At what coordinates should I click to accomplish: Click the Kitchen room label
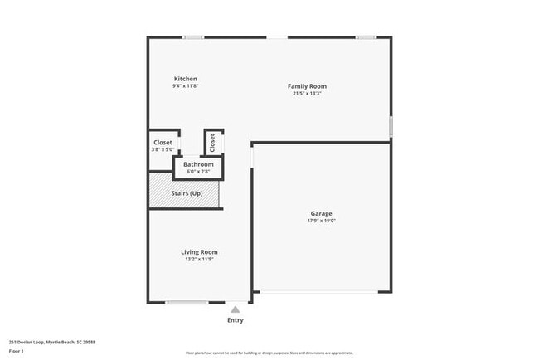[185, 79]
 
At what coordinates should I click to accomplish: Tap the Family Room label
[307, 86]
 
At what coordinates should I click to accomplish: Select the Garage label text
[321, 214]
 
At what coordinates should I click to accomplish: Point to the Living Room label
[199, 252]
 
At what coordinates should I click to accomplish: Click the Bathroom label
[198, 164]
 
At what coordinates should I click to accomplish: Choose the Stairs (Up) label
[187, 193]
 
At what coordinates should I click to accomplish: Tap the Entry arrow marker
[236, 309]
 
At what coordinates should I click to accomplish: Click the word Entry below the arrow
[236, 320]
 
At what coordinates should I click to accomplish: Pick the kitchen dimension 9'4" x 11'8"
[185, 86]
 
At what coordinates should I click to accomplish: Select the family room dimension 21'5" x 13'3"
[307, 94]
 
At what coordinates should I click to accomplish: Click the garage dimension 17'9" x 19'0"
[321, 221]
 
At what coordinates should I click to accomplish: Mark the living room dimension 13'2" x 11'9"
[199, 260]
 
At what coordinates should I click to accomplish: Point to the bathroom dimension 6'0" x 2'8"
[198, 172]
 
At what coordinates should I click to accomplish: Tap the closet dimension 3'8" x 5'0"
[163, 150]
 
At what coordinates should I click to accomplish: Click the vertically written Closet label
[212, 142]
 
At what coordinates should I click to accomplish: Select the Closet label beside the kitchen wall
[163, 143]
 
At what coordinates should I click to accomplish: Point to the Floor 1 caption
[17, 352]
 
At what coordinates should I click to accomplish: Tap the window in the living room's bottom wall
[187, 302]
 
